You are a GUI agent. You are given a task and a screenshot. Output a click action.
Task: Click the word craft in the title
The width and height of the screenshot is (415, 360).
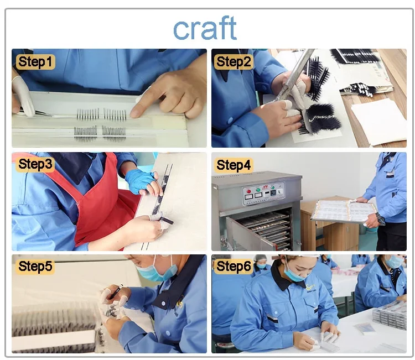205,28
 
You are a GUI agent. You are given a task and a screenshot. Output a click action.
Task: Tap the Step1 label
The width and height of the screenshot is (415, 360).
36,61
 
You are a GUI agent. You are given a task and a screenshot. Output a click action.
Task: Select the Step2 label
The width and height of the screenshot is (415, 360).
234,61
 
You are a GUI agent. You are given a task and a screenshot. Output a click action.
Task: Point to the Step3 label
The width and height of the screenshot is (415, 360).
35,164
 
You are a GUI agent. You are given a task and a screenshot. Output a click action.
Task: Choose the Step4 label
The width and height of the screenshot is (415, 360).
234,165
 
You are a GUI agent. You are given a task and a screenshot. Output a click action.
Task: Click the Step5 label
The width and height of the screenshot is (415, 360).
35,267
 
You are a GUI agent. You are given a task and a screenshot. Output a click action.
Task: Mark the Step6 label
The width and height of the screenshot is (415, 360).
234,267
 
